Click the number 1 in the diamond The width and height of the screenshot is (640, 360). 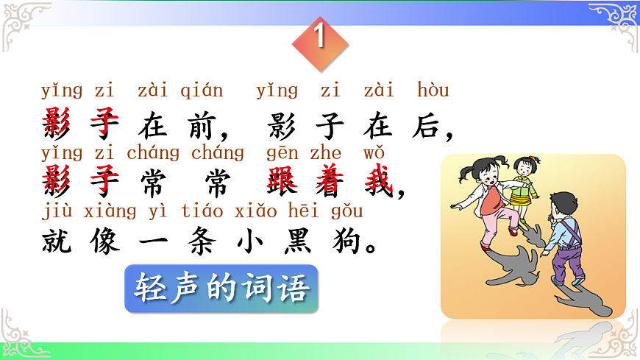[x=320, y=37]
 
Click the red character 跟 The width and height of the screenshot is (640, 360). [x=284, y=182]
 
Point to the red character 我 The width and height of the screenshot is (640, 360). [x=380, y=182]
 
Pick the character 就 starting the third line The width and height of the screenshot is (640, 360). [x=57, y=239]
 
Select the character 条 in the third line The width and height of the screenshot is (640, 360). [x=204, y=239]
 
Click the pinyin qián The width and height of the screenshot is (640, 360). [x=201, y=91]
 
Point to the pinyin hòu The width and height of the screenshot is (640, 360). [x=433, y=91]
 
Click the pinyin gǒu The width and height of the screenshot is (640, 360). [x=346, y=211]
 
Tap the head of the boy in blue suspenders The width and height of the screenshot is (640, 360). [x=565, y=205]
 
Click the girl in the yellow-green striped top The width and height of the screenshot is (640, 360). [x=525, y=184]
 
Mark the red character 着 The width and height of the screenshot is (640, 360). [x=332, y=182]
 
